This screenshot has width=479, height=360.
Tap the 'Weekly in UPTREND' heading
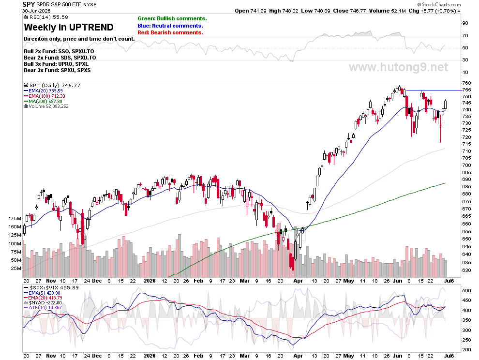pos(69,27)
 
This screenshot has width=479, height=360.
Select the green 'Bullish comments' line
pos(172,19)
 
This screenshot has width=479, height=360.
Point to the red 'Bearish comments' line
pos(170,32)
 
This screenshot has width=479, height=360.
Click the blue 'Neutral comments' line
pos(170,26)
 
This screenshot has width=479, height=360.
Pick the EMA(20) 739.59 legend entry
pos(43,91)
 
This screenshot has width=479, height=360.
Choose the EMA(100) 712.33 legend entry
pos(45,96)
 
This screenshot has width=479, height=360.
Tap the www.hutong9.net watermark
pos(399,67)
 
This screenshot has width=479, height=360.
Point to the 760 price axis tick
pos(467,83)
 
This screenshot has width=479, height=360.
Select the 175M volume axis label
pos(15,219)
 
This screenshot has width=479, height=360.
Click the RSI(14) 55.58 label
pos(46,17)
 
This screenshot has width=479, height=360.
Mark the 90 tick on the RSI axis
pos(465,23)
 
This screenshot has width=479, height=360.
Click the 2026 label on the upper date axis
pos(150,281)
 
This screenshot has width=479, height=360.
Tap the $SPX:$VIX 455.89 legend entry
pos(51,287)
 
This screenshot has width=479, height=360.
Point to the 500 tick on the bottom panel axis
pos(466,290)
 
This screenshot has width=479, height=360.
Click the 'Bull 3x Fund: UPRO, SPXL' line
pos(56,64)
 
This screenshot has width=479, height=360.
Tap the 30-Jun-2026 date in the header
pos(36,11)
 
